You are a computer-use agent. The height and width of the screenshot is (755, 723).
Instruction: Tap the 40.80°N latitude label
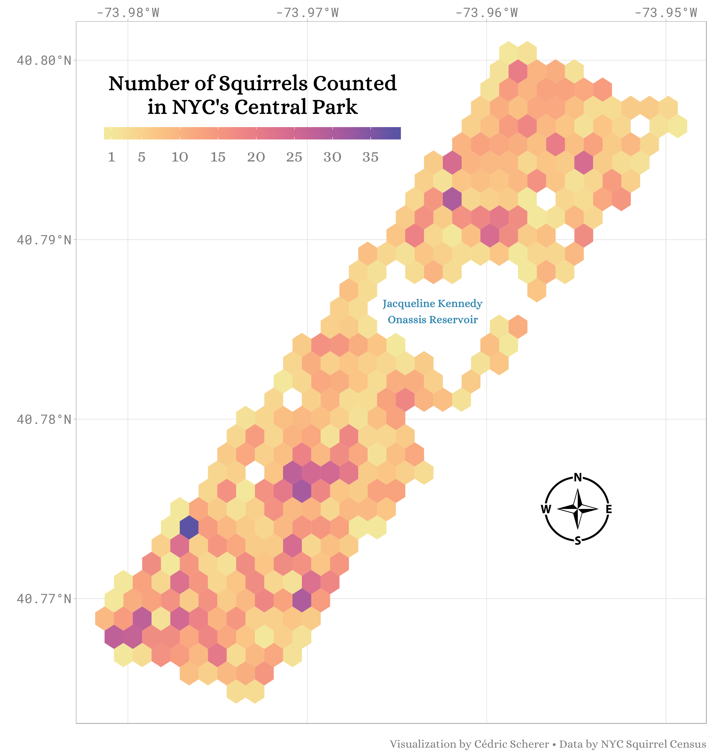click(x=44, y=60)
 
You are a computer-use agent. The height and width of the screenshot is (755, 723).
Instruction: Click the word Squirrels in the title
click(x=263, y=84)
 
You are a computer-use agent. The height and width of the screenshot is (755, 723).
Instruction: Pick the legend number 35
click(x=370, y=157)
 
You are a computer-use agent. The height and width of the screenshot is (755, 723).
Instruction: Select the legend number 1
click(x=112, y=157)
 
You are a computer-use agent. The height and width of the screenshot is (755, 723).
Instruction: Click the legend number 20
click(x=256, y=157)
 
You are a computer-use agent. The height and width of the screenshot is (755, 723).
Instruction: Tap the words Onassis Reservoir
click(x=432, y=320)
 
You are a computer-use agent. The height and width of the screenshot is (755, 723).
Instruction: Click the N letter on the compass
click(x=578, y=478)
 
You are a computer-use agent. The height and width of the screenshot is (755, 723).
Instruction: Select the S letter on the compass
click(x=578, y=541)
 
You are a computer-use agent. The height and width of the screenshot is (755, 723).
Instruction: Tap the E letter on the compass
click(x=609, y=509)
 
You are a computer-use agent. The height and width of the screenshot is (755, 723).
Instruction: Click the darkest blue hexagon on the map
click(x=189, y=527)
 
